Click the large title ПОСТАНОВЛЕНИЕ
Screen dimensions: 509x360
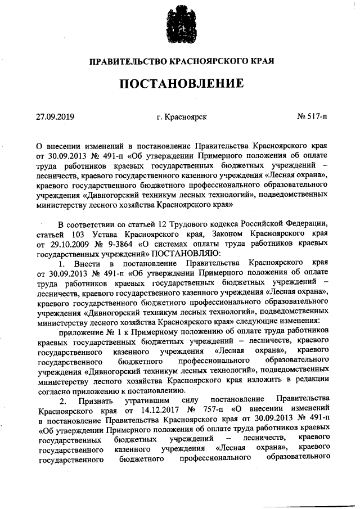180,84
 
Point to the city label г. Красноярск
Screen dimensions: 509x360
182,117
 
